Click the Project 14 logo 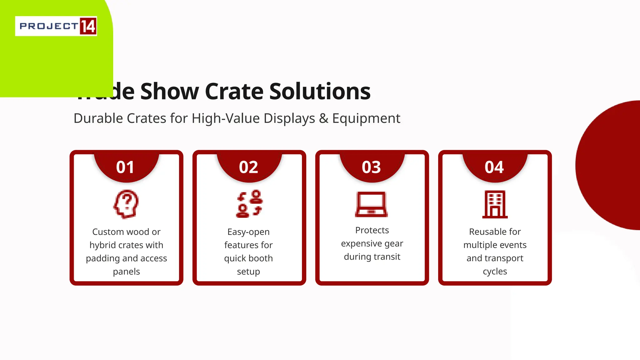[56, 26]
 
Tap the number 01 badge [125, 167]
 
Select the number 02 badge [248, 167]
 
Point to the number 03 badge [371, 167]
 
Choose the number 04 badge [494, 167]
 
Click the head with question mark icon [126, 204]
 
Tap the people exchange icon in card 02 [249, 203]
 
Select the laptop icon [371, 204]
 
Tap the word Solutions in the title [320, 91]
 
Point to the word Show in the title [169, 91]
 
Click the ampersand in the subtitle [324, 118]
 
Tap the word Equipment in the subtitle [366, 118]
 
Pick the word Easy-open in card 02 [248, 232]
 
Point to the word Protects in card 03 [372, 230]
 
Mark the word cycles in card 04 [495, 271]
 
